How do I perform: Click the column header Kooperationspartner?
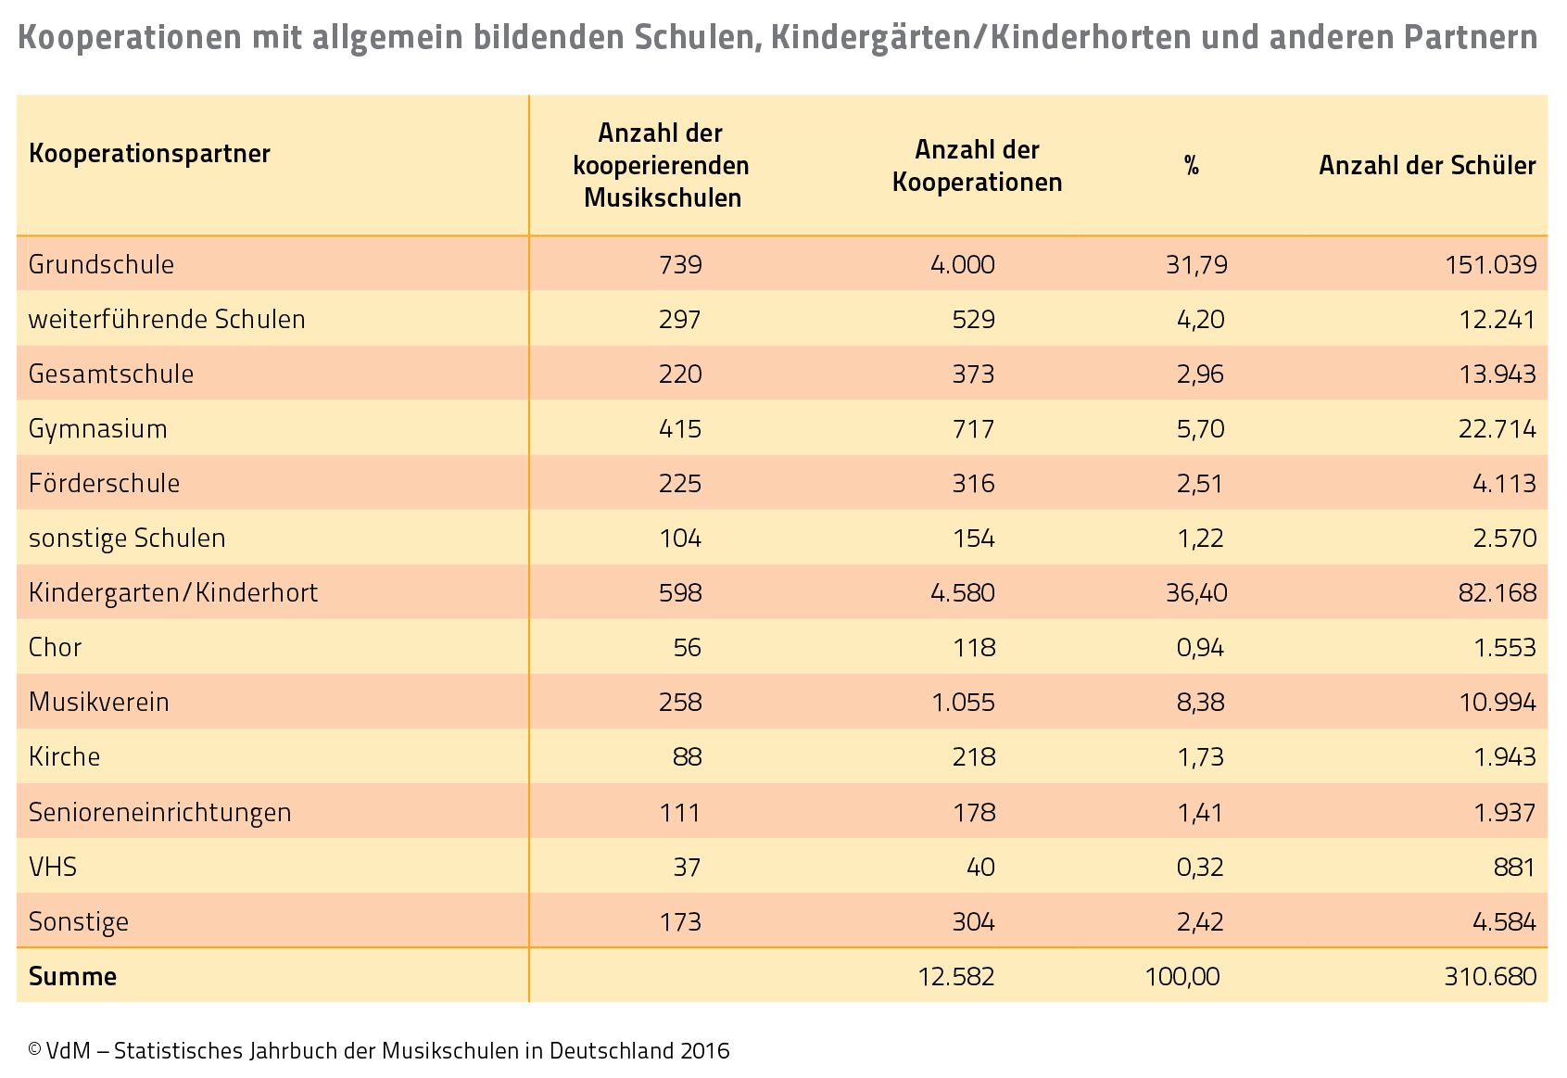[x=149, y=154]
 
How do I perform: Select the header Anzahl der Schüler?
[x=1427, y=166]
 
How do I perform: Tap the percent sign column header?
[x=1192, y=166]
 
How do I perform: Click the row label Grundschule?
[x=101, y=264]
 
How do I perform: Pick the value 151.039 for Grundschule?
[x=1491, y=264]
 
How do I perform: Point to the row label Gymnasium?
[x=98, y=429]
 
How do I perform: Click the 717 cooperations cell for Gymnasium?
[x=973, y=429]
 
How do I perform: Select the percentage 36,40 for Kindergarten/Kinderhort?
[x=1196, y=592]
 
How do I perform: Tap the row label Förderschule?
[x=104, y=484]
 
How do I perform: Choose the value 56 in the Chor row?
[x=687, y=647]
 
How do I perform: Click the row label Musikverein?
[x=98, y=702]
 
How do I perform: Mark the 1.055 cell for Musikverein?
[x=963, y=702]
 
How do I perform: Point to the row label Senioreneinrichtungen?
[x=159, y=812]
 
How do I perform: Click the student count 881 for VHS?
[x=1514, y=867]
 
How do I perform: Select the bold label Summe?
[x=73, y=976]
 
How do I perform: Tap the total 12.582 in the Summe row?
[x=956, y=976]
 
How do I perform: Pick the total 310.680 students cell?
[x=1491, y=976]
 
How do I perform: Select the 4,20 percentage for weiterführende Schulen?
[x=1200, y=319]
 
